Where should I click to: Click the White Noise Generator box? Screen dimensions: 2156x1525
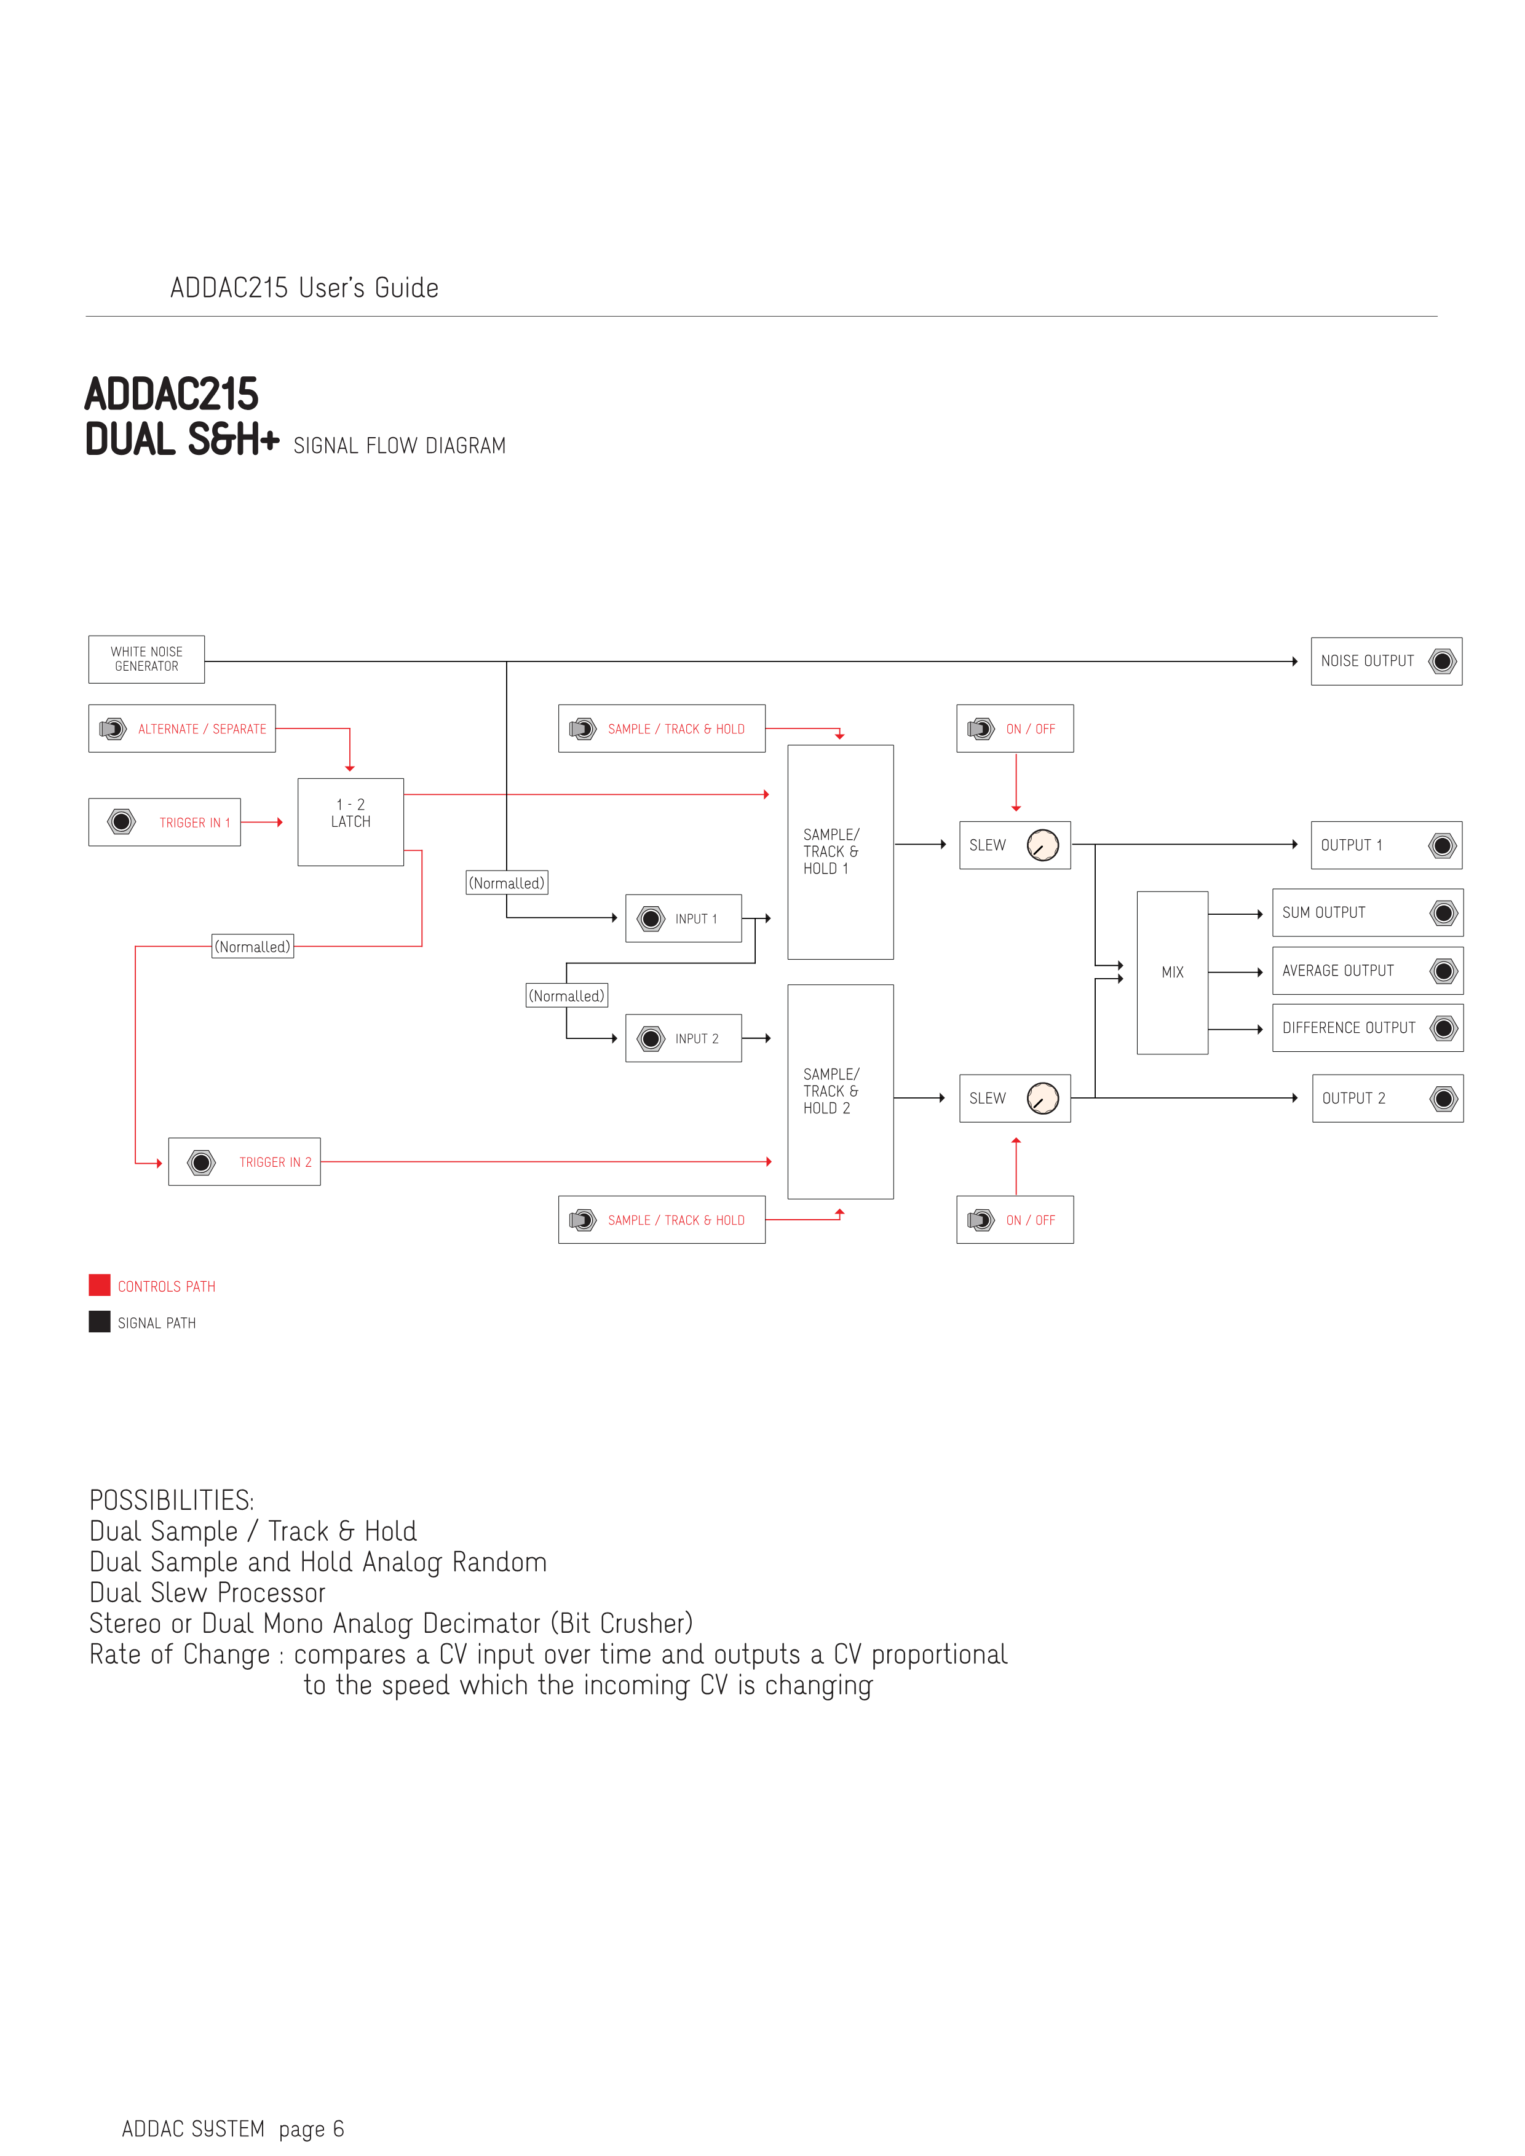tap(146, 659)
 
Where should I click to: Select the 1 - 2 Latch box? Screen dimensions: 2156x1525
tap(351, 822)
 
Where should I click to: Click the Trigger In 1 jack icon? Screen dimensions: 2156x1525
tap(121, 822)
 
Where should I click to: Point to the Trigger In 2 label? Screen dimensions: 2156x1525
tap(275, 1163)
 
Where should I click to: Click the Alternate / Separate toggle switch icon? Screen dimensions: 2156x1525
tap(113, 729)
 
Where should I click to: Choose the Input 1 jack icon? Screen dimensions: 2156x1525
tap(651, 918)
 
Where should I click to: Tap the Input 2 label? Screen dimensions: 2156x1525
tap(697, 1038)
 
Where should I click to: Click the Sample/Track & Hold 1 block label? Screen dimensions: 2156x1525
tap(830, 851)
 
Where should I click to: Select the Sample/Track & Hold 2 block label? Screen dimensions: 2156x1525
tap(830, 1091)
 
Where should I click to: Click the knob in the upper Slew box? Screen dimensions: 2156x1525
tap(1042, 845)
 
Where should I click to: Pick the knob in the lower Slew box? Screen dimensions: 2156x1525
tap(1042, 1098)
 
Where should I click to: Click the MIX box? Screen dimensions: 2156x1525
tap(1172, 973)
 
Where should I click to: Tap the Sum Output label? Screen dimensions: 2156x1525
tap(1323, 913)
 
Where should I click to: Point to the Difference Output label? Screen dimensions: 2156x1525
tap(1349, 1029)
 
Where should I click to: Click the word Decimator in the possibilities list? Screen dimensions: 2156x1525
tap(481, 1624)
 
